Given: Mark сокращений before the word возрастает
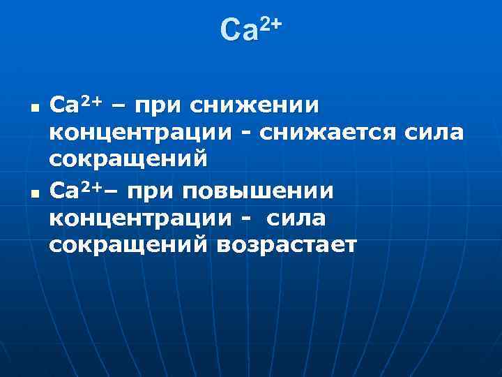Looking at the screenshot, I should point(128,246).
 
